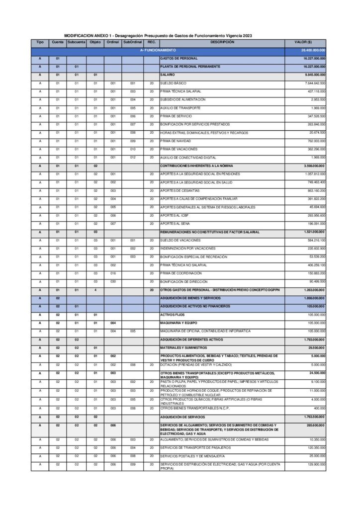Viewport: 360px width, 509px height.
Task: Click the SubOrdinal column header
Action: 133,42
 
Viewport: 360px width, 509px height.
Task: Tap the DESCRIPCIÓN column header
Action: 222,42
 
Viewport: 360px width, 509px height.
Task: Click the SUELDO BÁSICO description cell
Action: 173,84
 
